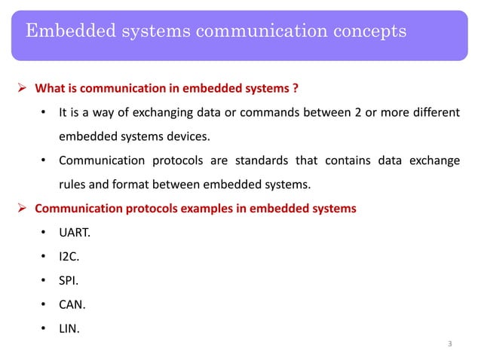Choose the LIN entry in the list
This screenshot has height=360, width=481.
pyautogui.click(x=69, y=328)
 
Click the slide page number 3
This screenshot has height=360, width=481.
pyautogui.click(x=449, y=345)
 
